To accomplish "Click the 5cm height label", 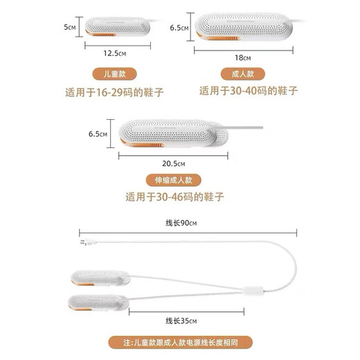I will (69, 28).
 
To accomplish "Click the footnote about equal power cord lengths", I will (180, 342).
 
